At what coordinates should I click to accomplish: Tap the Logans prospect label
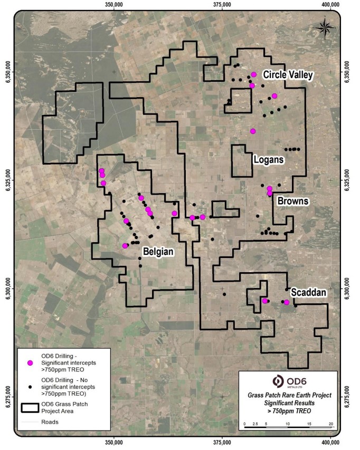[x=268, y=159]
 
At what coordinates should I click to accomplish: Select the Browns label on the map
[x=293, y=202]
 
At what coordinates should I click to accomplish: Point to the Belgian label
[x=158, y=252]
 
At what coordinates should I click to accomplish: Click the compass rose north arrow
[x=325, y=25]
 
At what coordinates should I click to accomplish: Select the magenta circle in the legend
[x=31, y=363]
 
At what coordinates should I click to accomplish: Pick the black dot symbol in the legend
[x=31, y=387]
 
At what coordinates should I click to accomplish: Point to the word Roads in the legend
[x=50, y=422]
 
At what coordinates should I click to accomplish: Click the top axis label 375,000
[x=222, y=5]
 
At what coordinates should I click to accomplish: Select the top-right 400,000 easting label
[x=330, y=5]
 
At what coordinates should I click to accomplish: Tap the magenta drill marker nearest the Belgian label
[x=125, y=246]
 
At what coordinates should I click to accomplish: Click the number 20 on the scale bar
[x=330, y=424]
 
